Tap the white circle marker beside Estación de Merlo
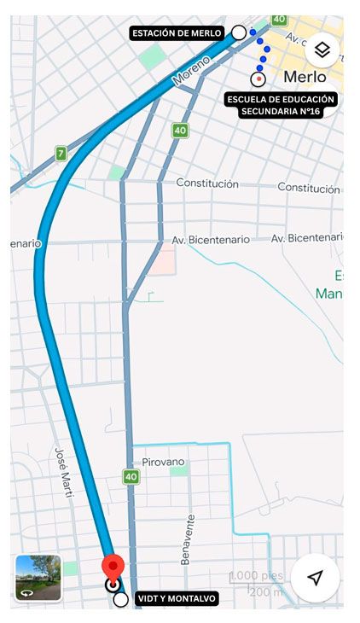click(239, 32)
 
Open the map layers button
click(322, 50)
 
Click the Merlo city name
click(305, 77)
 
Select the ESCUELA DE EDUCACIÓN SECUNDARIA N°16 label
click(282, 105)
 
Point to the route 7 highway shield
click(61, 154)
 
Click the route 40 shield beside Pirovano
click(131, 477)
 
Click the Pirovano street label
click(164, 462)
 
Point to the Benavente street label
click(186, 539)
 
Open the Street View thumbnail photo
click(38, 578)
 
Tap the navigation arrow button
click(315, 578)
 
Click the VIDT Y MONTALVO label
click(177, 599)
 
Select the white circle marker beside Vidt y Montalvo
click(121, 599)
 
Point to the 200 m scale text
click(266, 592)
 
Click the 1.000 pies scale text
click(256, 576)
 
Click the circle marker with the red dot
click(258, 79)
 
